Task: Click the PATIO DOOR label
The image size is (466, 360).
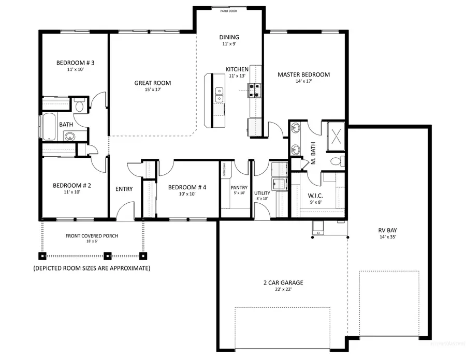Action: [x=229, y=10]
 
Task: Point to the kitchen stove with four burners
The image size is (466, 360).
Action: [x=255, y=91]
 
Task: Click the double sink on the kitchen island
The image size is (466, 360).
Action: [x=220, y=95]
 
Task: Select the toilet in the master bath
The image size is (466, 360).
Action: [x=336, y=161]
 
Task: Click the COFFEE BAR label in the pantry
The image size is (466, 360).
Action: [x=224, y=171]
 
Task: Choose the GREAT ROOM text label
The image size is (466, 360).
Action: [x=152, y=83]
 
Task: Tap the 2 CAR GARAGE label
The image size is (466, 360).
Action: [x=282, y=282]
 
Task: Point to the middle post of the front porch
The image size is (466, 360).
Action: [x=108, y=255]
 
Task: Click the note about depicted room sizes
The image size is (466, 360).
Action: [x=92, y=268]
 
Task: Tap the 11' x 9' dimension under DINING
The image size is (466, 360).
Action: [x=229, y=44]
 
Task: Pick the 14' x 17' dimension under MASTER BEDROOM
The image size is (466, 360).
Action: [x=303, y=82]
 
